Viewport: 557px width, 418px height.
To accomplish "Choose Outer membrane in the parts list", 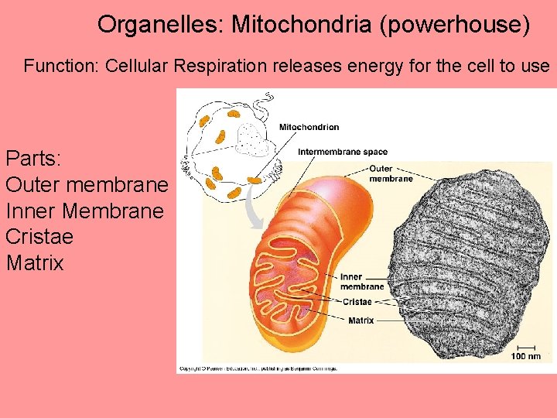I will point(86,185).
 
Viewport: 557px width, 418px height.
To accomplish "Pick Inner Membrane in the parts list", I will point(84,211).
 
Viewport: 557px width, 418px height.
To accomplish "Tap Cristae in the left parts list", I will point(39,237).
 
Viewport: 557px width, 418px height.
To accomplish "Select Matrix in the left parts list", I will point(35,263).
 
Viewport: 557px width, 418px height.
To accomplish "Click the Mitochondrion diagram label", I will point(309,127).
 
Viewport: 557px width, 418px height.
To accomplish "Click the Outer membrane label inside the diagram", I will point(391,173).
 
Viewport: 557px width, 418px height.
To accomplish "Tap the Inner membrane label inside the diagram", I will point(362,281).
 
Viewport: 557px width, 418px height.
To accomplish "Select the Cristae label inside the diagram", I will point(357,302).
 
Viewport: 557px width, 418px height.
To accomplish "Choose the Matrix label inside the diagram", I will point(361,320).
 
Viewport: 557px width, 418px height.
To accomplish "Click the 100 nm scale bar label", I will point(526,356).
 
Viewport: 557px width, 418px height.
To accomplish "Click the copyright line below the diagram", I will point(258,368).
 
